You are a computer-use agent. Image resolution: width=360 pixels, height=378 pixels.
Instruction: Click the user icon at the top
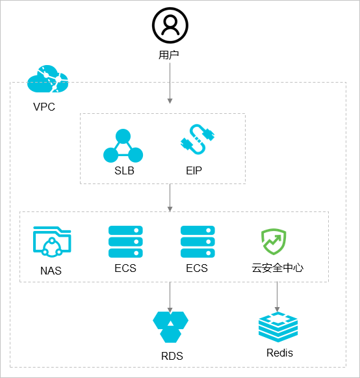[170, 25]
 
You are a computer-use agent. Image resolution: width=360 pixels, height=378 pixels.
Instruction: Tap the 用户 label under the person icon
[168, 55]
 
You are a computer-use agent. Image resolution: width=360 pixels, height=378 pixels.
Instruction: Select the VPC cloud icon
[47, 79]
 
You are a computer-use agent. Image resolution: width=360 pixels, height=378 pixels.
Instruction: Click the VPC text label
[44, 107]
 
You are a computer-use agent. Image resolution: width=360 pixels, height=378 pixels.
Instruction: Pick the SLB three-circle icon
[123, 146]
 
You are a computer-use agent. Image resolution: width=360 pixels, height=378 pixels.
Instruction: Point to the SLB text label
[124, 170]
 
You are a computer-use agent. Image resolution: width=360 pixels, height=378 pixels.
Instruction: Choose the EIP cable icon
[198, 139]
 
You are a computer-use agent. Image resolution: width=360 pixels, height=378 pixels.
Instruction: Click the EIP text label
[194, 170]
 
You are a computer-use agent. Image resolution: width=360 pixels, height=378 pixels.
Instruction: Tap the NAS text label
[51, 271]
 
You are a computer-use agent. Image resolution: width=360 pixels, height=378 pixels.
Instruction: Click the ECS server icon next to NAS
[125, 241]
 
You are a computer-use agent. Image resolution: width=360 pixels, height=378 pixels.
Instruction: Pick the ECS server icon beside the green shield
[198, 241]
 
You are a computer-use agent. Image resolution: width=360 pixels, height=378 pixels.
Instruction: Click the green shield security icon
[274, 241]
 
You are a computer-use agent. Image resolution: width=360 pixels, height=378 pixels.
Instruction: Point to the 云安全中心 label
[277, 268]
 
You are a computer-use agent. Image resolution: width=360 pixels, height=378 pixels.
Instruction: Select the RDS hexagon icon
[170, 327]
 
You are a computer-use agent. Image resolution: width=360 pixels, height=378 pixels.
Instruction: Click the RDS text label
[172, 356]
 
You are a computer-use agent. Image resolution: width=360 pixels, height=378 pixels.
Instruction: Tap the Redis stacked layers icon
[278, 327]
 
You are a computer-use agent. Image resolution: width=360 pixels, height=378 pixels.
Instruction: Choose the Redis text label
[279, 353]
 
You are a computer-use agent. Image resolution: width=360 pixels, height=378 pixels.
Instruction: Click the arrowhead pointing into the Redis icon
[277, 310]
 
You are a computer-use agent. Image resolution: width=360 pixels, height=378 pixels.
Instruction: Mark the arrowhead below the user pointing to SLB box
[170, 101]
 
